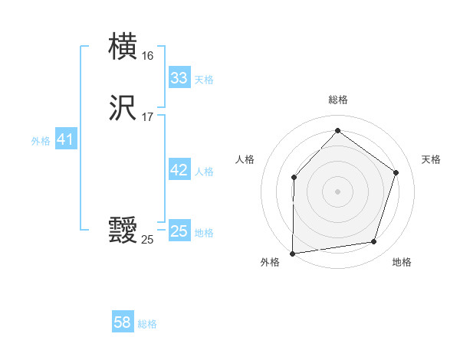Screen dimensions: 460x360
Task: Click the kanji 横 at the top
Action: [x=123, y=46]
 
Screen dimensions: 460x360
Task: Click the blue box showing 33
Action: [x=179, y=78]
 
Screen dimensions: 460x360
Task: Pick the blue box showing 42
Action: [x=179, y=170]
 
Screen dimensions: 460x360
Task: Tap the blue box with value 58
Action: [x=123, y=322]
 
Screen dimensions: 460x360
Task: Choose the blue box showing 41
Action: [x=65, y=140]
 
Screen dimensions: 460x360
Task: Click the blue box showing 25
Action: [x=179, y=231]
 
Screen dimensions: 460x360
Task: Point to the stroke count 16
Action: [x=147, y=56]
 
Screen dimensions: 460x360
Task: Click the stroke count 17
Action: [x=147, y=117]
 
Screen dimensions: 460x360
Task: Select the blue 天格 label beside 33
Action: [x=204, y=80]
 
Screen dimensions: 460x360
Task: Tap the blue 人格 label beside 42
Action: [x=204, y=172]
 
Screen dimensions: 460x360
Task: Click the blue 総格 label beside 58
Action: [x=147, y=324]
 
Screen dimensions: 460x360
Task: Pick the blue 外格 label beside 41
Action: [x=41, y=141]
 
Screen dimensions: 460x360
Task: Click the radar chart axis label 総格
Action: [x=337, y=100]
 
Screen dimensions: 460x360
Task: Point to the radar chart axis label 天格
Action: [x=431, y=159]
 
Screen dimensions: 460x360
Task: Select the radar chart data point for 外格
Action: [x=293, y=253]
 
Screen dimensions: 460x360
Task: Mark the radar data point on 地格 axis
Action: [x=374, y=242]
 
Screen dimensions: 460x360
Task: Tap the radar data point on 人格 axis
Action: [x=294, y=178]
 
